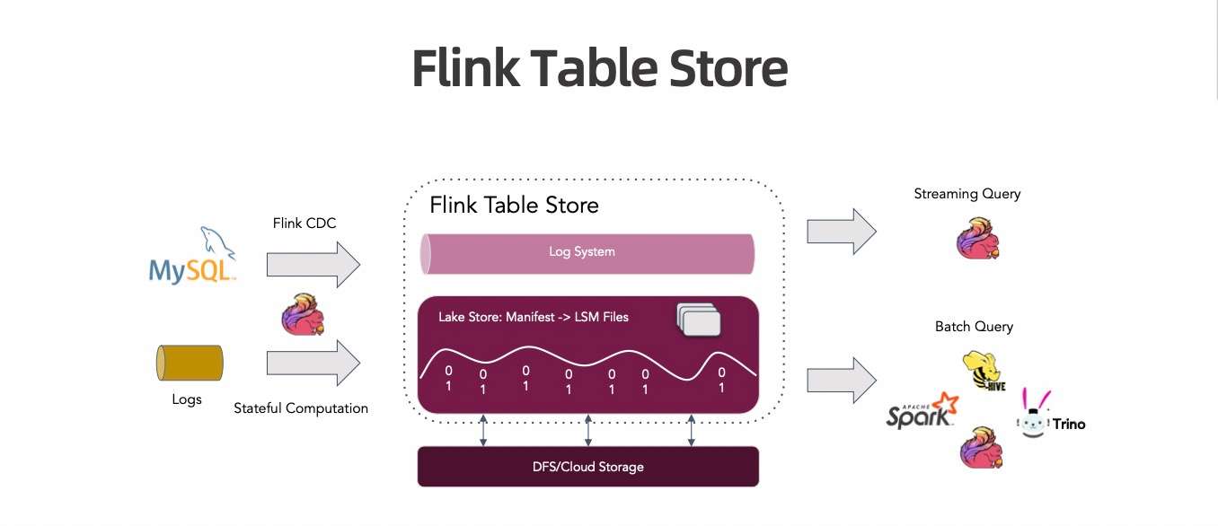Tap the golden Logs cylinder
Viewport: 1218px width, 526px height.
pyautogui.click(x=190, y=364)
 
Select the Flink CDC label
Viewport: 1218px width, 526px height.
pyautogui.click(x=304, y=223)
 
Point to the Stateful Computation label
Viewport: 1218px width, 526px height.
pyautogui.click(x=301, y=408)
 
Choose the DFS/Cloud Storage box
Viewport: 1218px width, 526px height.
pyautogui.click(x=588, y=467)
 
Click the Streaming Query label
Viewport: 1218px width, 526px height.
pyautogui.click(x=966, y=194)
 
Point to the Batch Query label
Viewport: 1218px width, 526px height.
pyautogui.click(x=974, y=327)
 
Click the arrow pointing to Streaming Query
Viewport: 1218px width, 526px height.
pyautogui.click(x=841, y=232)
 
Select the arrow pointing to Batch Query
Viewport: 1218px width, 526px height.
pyautogui.click(x=841, y=380)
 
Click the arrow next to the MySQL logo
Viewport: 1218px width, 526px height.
pyautogui.click(x=313, y=265)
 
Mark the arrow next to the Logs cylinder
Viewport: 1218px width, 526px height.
pyautogui.click(x=313, y=364)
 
